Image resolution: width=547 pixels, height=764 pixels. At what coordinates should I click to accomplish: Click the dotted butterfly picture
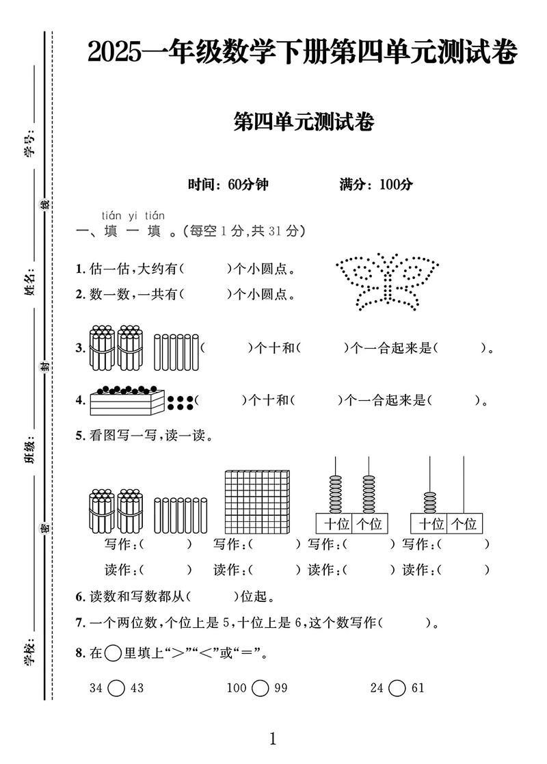tap(386, 282)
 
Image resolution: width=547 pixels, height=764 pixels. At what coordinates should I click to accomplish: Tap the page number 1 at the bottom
tap(273, 739)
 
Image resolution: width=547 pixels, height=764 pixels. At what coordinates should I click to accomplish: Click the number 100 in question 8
tap(236, 688)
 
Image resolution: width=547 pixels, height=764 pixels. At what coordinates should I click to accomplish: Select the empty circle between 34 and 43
tap(116, 688)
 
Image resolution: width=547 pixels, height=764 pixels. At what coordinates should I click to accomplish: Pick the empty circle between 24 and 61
tap(397, 688)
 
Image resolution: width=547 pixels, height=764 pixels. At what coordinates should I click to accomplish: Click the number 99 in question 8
tap(281, 688)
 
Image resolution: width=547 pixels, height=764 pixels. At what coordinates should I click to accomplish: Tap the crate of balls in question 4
tap(127, 400)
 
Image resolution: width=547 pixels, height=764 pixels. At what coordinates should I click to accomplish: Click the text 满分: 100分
tap(376, 185)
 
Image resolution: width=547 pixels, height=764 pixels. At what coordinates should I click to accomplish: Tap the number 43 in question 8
tap(137, 688)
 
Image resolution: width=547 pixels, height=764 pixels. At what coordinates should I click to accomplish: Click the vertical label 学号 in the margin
tap(29, 146)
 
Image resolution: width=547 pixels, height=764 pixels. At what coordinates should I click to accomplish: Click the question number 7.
tap(80, 622)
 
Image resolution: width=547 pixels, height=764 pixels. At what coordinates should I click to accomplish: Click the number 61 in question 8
tap(418, 688)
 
